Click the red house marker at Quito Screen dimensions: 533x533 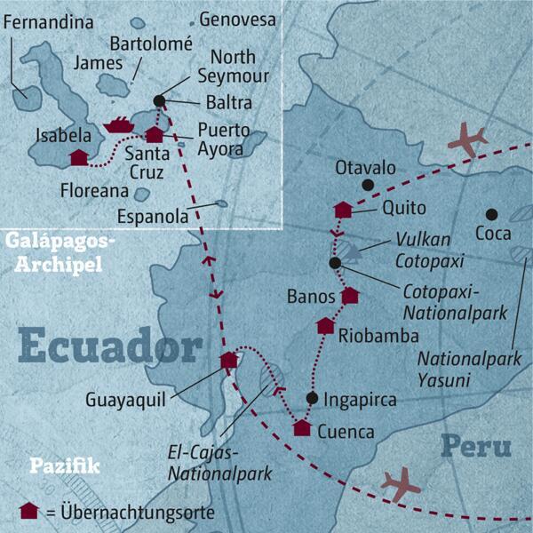click(343, 210)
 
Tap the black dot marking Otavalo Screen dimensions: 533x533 click(367, 186)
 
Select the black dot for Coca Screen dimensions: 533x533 click(490, 214)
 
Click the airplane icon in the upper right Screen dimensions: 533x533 click(468, 139)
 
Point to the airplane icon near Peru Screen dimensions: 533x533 click(400, 484)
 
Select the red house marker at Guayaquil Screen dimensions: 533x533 click(229, 360)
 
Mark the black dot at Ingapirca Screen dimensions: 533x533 click(312, 398)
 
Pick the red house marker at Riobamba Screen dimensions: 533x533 click(327, 326)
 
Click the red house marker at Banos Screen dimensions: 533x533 click(350, 295)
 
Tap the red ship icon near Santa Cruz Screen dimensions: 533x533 click(118, 126)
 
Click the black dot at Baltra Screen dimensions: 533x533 click(159, 100)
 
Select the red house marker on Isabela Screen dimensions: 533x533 click(78, 158)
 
